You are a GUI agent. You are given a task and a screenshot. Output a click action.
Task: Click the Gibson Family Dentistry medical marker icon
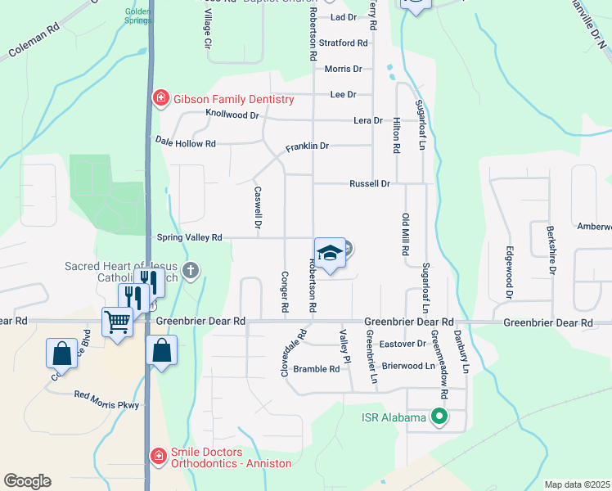(x=160, y=100)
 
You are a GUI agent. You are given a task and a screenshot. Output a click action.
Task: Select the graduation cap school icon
(x=330, y=253)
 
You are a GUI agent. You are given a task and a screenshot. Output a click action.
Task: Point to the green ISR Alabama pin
(x=439, y=417)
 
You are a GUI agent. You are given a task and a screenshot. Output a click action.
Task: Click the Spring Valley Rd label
(x=189, y=237)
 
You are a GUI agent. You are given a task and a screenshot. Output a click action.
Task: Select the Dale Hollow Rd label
(x=186, y=143)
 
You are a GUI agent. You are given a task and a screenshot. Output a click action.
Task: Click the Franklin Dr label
(x=307, y=146)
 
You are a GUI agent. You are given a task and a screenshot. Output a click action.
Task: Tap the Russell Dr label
(x=370, y=184)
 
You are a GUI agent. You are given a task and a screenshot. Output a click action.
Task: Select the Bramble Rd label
(x=317, y=369)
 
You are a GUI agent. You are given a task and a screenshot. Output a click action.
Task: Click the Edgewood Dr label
(x=509, y=273)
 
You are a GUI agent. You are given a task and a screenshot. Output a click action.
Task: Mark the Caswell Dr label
(x=258, y=208)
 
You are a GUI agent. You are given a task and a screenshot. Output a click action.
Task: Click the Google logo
(x=28, y=480)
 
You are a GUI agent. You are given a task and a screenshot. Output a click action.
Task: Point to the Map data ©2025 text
(x=576, y=484)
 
